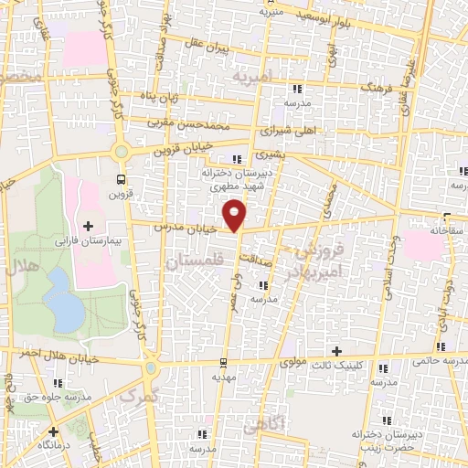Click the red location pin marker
click(x=236, y=214)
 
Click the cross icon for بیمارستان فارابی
click(x=88, y=225)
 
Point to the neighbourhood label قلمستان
click(x=192, y=263)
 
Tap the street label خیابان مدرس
click(x=184, y=228)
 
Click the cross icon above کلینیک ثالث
click(x=336, y=351)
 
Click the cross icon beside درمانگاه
click(x=54, y=431)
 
